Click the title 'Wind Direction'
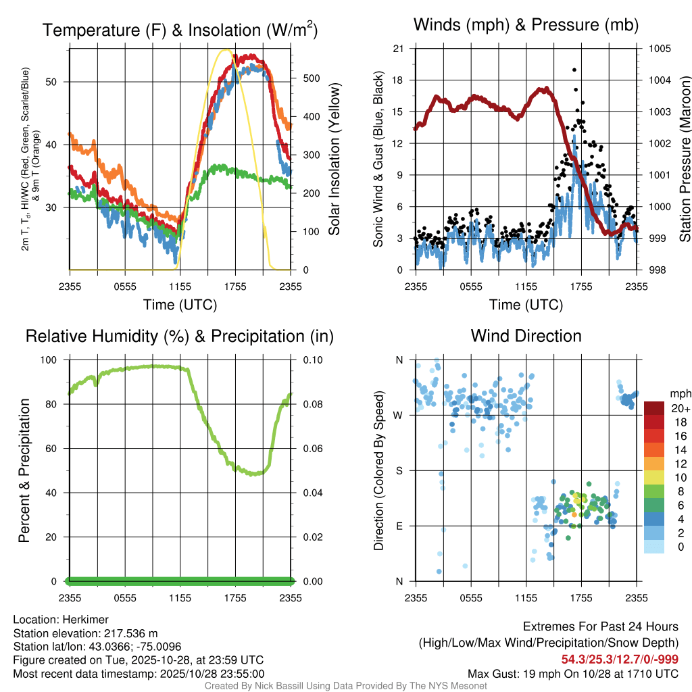(526, 336)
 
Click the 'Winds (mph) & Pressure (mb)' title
(526, 26)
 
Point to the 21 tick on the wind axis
(398, 49)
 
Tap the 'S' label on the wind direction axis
(399, 470)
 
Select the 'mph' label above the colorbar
(679, 393)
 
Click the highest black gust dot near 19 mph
(574, 70)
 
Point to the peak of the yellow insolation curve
(227, 50)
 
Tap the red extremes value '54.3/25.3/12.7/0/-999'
(620, 660)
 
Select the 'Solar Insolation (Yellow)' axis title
(335, 159)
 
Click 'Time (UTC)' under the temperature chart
(180, 305)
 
